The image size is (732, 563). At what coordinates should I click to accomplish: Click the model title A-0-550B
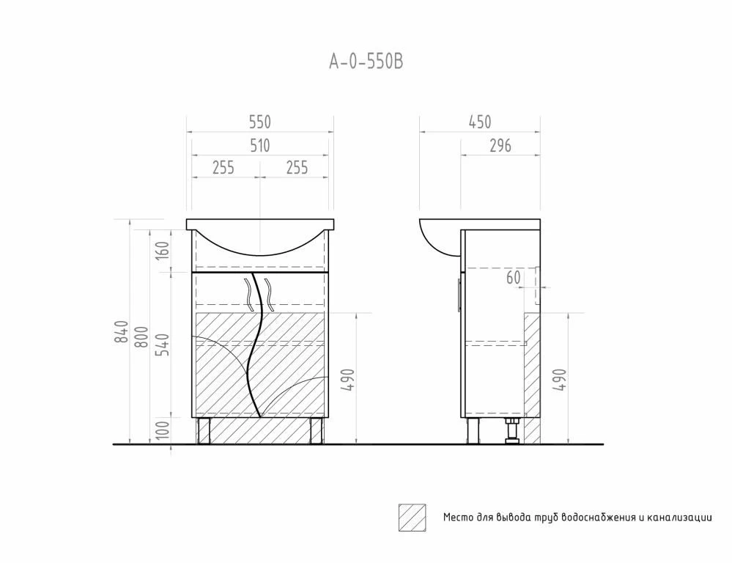366,62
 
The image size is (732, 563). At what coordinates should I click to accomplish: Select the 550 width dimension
259,122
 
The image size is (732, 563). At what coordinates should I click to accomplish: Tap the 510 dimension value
259,146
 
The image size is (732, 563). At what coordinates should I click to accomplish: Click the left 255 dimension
223,167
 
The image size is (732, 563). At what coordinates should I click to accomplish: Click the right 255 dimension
297,167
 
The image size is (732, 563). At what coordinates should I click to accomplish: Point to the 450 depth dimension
479,122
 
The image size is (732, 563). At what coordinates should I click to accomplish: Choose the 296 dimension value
500,146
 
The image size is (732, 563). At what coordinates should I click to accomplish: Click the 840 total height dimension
122,332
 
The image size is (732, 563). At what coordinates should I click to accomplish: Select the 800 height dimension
141,337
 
